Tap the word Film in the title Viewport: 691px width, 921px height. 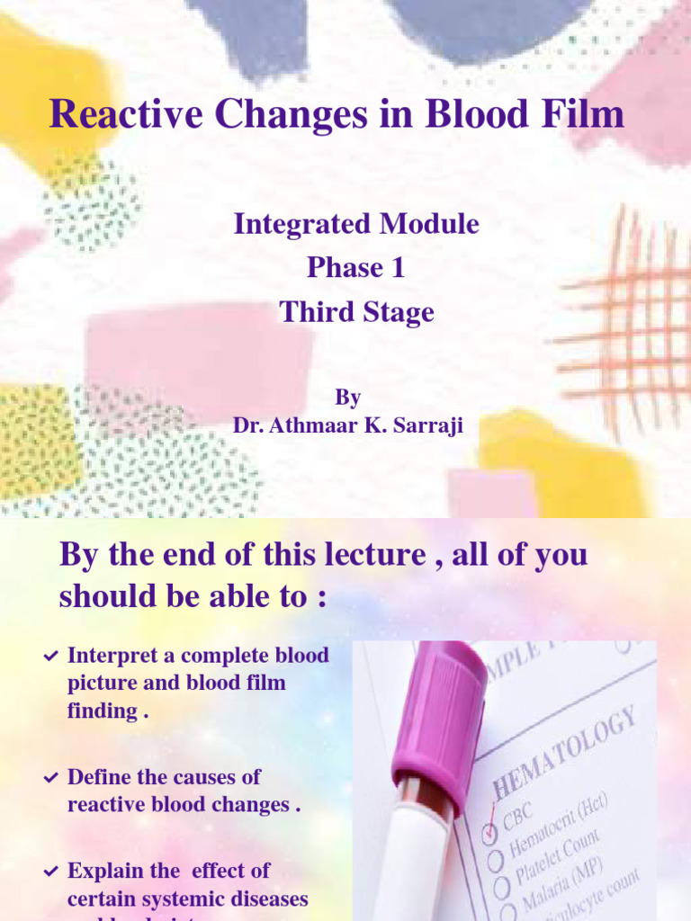579,115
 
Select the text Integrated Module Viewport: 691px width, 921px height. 356,224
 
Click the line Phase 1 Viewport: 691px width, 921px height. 356,268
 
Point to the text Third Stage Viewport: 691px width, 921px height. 356,312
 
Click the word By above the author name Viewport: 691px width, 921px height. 348,396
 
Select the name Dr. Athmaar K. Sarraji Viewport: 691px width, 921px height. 348,425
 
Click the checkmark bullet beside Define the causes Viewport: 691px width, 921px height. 51,778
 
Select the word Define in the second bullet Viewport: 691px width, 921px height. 99,777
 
